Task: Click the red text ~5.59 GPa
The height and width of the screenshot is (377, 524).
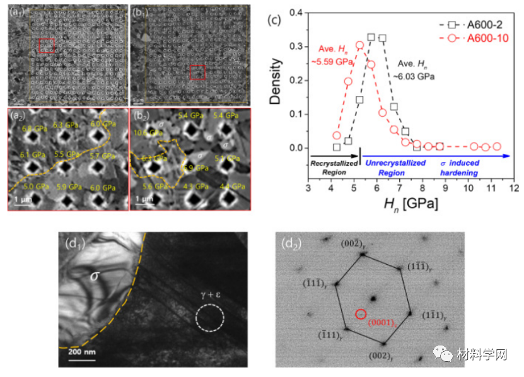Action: coord(330,62)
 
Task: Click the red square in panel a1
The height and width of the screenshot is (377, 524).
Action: coord(47,45)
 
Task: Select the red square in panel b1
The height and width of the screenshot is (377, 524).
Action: coord(198,72)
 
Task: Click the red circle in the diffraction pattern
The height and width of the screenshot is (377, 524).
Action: coord(360,313)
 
